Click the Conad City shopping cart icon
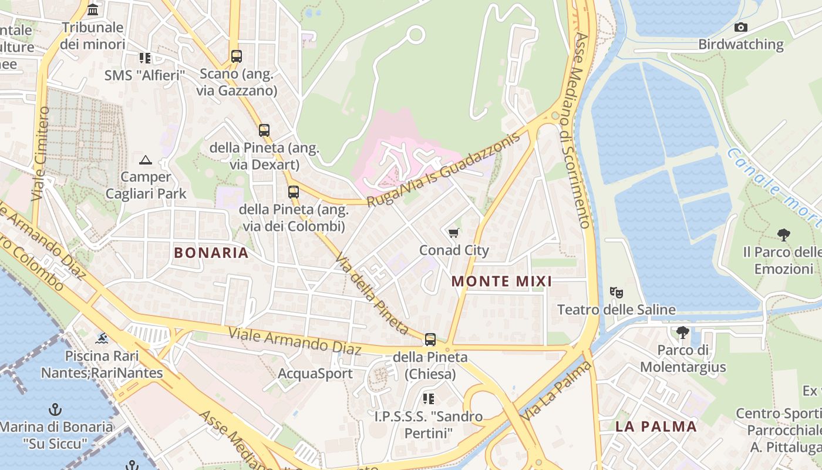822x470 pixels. [453, 233]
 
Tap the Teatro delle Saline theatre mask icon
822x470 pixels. [616, 292]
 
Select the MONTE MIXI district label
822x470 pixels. [501, 281]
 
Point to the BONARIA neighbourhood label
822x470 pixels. [211, 253]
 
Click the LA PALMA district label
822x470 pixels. [656, 427]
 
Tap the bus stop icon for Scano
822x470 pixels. [236, 56]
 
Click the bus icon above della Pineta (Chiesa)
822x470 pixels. [430, 339]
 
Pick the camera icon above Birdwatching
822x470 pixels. [741, 27]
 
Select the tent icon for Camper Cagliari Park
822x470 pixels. [145, 160]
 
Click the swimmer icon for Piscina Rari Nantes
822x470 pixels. [102, 338]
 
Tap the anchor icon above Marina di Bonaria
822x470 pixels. [55, 409]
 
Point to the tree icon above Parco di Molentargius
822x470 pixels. [682, 333]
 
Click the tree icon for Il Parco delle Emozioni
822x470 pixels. [783, 235]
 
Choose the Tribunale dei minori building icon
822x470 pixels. [93, 10]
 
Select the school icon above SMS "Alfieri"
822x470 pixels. [144, 58]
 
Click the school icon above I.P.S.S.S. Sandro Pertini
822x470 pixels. [429, 399]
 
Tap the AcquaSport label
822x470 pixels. [315, 374]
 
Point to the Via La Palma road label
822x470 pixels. [557, 390]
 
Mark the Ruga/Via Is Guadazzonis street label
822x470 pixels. [444, 170]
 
